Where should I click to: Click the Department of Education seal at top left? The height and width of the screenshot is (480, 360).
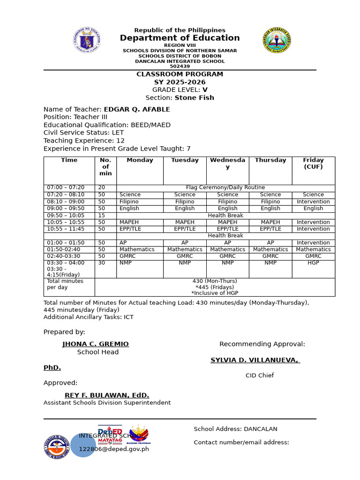(x=87, y=40)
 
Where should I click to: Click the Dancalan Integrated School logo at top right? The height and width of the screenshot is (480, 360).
(x=277, y=40)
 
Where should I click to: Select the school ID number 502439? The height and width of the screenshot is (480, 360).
(x=180, y=67)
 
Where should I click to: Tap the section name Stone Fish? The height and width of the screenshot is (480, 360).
(x=194, y=98)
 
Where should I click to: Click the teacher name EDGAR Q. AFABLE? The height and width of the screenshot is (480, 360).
(x=137, y=110)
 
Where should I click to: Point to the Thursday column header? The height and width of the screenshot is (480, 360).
(x=270, y=160)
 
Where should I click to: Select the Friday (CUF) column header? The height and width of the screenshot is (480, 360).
(x=313, y=163)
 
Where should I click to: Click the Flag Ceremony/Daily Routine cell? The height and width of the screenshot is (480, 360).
(x=225, y=187)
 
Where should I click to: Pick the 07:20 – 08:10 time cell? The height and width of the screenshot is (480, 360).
(x=66, y=195)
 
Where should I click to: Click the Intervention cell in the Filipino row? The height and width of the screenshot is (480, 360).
(x=313, y=202)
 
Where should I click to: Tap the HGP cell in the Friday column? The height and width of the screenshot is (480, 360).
(x=313, y=263)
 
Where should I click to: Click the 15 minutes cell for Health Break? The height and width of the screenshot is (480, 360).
(x=102, y=216)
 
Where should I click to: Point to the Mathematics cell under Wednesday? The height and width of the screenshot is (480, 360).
(x=227, y=249)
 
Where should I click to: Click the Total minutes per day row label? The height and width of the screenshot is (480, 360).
(x=65, y=284)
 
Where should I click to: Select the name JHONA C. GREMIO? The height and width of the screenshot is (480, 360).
(x=96, y=344)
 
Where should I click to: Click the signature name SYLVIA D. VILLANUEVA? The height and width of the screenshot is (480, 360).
(x=255, y=360)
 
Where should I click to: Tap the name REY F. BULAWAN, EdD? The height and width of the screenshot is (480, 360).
(x=107, y=395)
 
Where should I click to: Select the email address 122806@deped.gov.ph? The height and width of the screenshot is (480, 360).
(x=114, y=449)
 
